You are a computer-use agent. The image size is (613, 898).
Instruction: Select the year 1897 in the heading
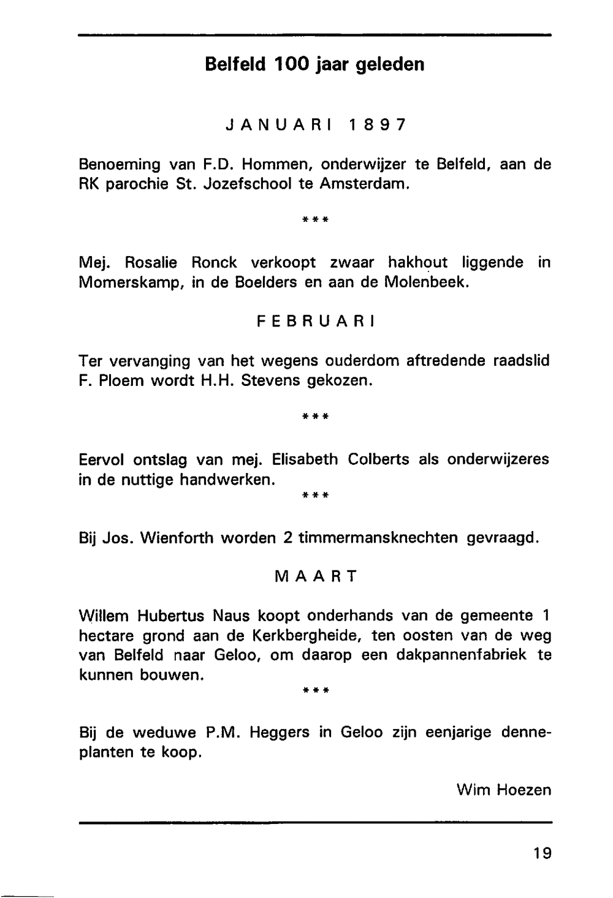tap(376, 125)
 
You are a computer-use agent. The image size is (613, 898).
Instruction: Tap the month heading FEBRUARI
tap(316, 322)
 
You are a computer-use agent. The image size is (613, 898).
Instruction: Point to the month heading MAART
tap(316, 576)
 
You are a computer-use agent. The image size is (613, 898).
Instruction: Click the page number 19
tap(542, 852)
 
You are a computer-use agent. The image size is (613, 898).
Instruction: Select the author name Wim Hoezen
tap(504, 790)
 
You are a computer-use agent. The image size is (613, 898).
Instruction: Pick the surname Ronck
tap(213, 263)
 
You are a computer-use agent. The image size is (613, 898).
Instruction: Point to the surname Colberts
tap(378, 459)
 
